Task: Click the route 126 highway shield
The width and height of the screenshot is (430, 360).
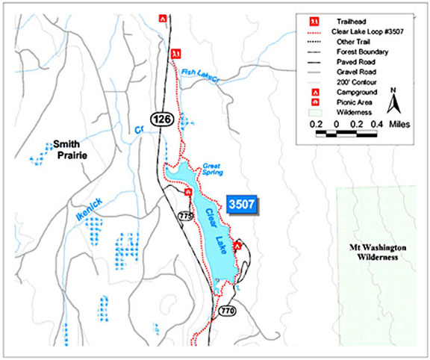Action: point(161,118)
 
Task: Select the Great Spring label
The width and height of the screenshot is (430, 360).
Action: point(213,167)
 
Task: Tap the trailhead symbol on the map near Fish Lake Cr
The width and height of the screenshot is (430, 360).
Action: point(176,54)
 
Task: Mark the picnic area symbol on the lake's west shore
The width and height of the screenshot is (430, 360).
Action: point(189,192)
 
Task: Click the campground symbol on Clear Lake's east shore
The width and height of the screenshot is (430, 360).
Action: point(237,245)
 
